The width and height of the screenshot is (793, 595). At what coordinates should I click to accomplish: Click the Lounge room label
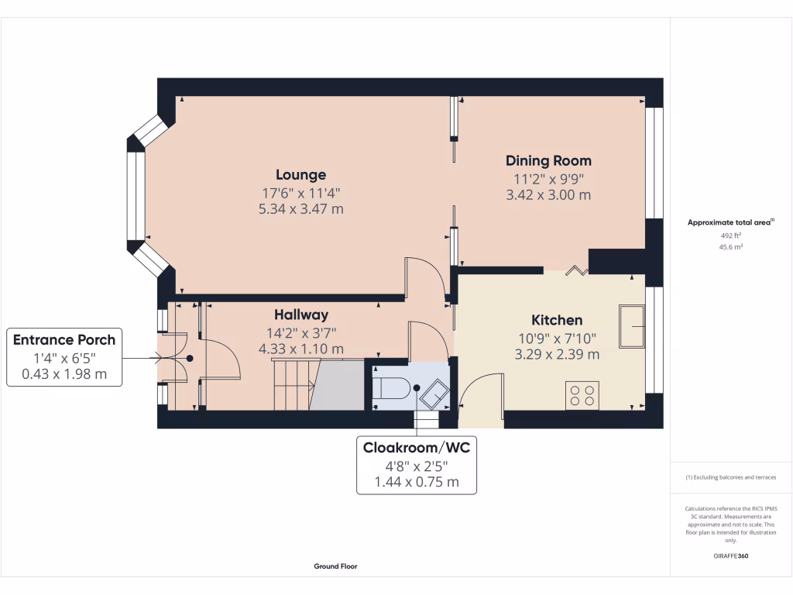(x=300, y=174)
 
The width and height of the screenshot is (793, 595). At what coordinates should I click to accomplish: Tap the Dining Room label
(x=548, y=161)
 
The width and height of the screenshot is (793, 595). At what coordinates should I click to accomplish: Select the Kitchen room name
(x=556, y=320)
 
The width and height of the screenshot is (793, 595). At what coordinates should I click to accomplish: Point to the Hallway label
(x=301, y=315)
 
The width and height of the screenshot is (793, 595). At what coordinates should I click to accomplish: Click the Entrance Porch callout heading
(x=64, y=339)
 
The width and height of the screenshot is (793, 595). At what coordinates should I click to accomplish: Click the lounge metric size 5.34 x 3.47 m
(x=300, y=209)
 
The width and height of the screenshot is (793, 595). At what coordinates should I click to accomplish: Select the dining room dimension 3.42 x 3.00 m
(x=548, y=195)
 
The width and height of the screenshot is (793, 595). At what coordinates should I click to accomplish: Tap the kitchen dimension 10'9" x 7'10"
(x=556, y=338)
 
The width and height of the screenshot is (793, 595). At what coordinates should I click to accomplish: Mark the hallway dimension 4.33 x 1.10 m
(x=301, y=349)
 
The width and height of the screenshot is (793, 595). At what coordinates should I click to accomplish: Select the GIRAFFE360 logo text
(x=731, y=555)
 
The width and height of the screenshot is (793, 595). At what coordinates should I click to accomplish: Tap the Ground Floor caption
(x=335, y=566)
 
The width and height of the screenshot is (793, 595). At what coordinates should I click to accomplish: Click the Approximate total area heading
(x=729, y=222)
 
